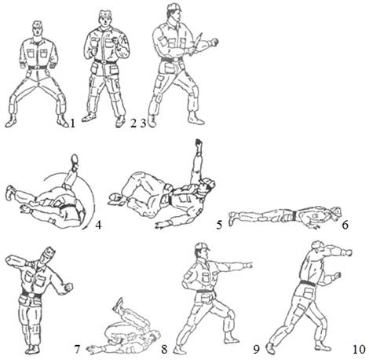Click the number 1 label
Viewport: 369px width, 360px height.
click(72, 123)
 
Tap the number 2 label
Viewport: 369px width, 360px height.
click(133, 123)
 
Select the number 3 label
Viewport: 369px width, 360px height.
click(143, 123)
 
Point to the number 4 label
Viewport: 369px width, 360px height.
click(98, 225)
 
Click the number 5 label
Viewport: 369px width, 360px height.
click(219, 225)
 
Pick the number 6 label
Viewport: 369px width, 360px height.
click(345, 225)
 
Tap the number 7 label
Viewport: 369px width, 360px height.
click(77, 349)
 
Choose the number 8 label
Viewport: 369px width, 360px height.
click(164, 349)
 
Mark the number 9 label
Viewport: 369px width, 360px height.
click(256, 349)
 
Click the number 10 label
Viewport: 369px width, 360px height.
click(359, 349)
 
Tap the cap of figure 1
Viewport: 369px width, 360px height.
click(38, 24)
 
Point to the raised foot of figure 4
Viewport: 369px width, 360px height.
click(75, 159)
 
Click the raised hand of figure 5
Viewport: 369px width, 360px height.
click(199, 143)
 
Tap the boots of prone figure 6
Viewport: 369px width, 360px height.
click(232, 219)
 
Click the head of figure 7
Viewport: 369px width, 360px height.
click(48, 255)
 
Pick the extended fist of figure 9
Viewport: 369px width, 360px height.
click(248, 266)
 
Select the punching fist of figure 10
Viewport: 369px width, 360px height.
click(348, 252)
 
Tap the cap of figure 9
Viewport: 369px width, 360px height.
click(202, 246)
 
